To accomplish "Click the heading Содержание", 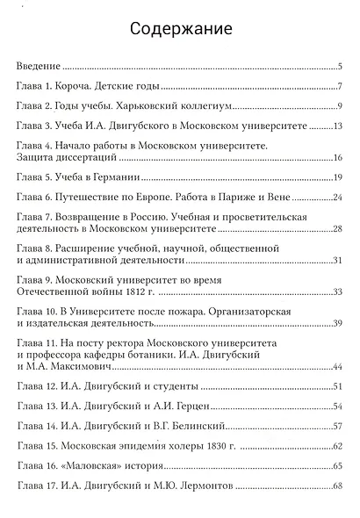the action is [181, 29].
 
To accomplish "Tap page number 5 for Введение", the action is [339, 67].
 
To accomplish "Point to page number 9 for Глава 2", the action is [339, 107].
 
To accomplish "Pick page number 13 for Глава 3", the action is [336, 127].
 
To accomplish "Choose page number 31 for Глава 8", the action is [336, 261].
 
